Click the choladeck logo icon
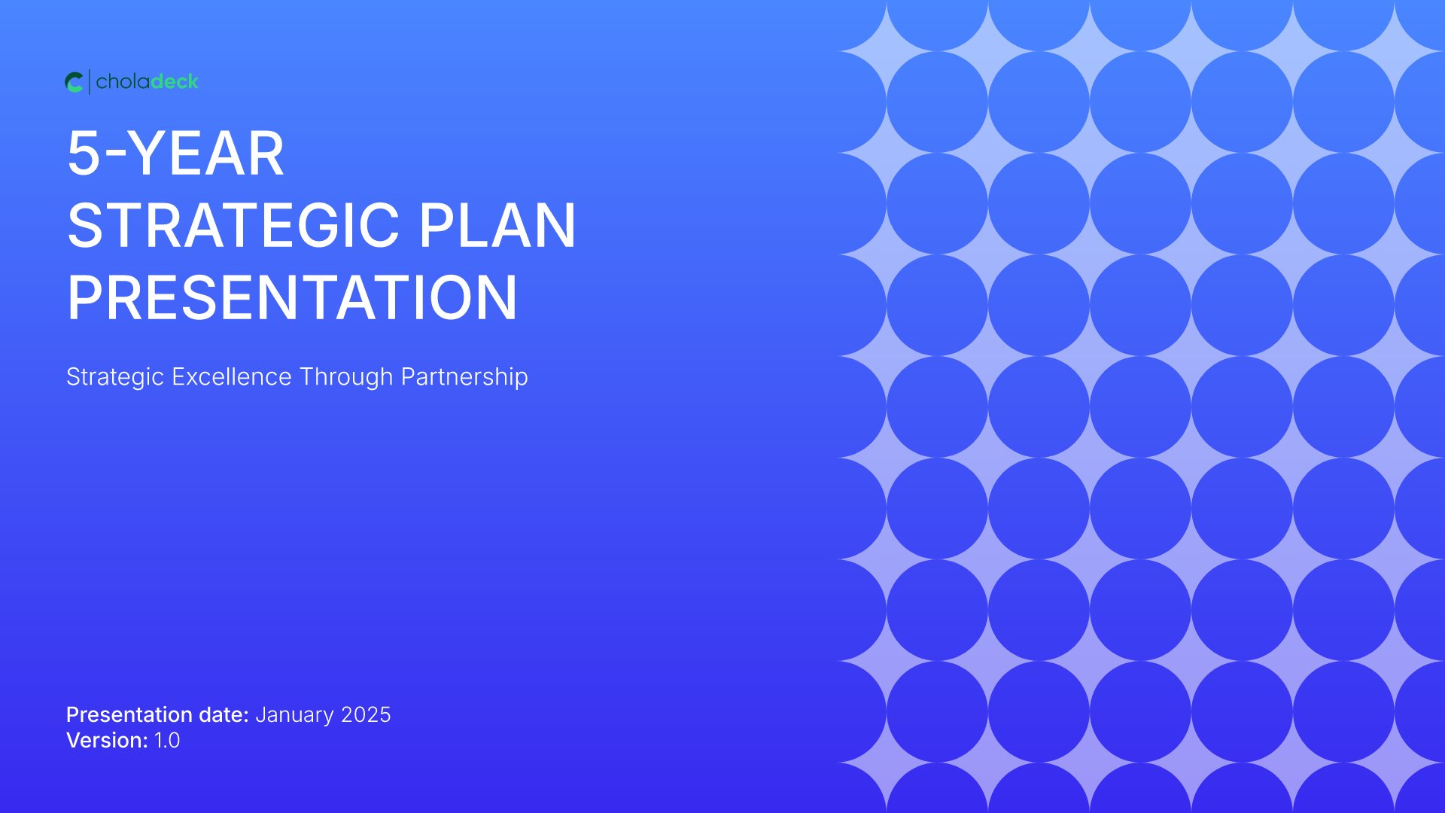(74, 82)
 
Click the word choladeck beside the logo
(148, 81)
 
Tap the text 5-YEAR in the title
(176, 154)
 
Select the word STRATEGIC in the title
(233, 225)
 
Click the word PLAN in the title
(497, 225)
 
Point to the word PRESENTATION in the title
(292, 297)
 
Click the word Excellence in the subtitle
(232, 376)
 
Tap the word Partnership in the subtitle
(464, 377)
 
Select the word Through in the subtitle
(346, 377)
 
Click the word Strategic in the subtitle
(115, 377)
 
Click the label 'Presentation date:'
(157, 714)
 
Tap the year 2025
(366, 714)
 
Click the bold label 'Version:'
(107, 740)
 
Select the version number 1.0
(167, 740)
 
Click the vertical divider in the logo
(90, 82)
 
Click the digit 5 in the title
(84, 154)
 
